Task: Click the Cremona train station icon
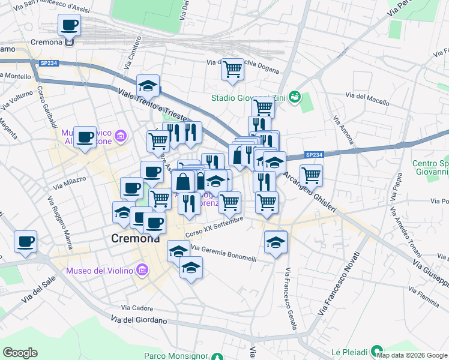pyautogui.click(x=70, y=42)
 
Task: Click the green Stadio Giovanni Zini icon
pyautogui.click(x=294, y=97)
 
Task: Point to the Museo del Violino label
pyautogui.click(x=99, y=271)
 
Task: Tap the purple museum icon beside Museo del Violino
pyautogui.click(x=142, y=271)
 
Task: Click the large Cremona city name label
pyautogui.click(x=136, y=238)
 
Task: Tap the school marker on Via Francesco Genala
pyautogui.click(x=276, y=242)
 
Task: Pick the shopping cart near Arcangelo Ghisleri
pyautogui.click(x=311, y=175)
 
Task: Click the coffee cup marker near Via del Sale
pyautogui.click(x=26, y=241)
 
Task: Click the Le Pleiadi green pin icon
pyautogui.click(x=376, y=350)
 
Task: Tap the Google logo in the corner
pyautogui.click(x=20, y=353)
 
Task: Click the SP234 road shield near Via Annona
pyautogui.click(x=315, y=155)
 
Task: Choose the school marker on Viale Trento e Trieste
pyautogui.click(x=147, y=86)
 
